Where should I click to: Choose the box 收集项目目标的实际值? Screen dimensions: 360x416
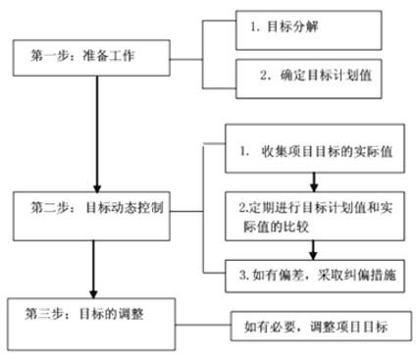click(314, 155)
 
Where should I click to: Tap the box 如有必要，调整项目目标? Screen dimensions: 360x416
click(320, 328)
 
